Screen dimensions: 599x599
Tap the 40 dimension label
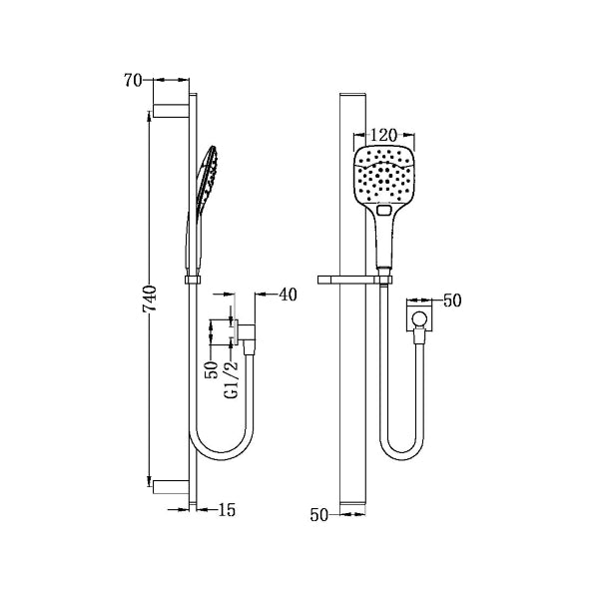point(288,294)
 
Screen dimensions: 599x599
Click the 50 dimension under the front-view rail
point(319,515)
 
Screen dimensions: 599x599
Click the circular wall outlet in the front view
point(420,320)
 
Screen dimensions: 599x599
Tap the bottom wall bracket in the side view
point(172,486)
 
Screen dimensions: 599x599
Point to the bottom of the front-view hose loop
point(399,456)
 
